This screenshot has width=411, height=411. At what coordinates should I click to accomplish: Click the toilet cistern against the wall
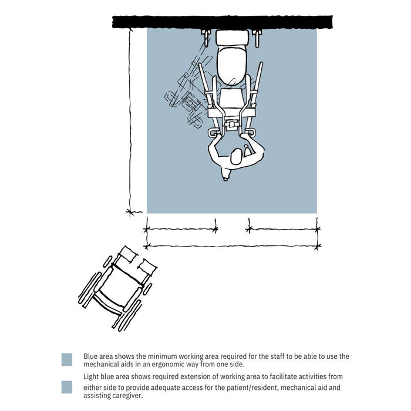click(233, 38)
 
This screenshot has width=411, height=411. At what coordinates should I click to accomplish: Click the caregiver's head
click(237, 157)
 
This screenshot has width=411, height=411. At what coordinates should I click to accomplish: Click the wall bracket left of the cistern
click(207, 38)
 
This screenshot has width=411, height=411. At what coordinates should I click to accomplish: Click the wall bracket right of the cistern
click(257, 38)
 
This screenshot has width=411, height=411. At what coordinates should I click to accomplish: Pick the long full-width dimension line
click(232, 245)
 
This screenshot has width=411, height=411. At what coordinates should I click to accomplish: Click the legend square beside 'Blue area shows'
click(67, 359)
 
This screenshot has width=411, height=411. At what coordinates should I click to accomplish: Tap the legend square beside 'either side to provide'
click(67, 388)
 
